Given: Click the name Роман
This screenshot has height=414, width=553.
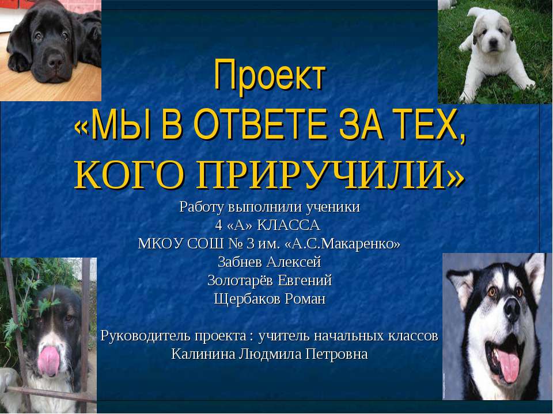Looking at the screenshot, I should click(x=304, y=300).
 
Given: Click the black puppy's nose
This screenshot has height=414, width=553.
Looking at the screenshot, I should click(x=55, y=61).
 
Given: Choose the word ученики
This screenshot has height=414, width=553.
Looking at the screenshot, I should click(x=334, y=207).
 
